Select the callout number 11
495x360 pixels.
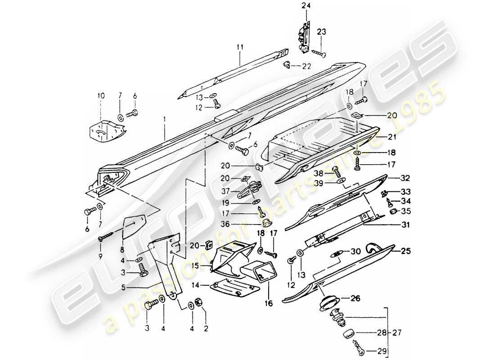click(x=240, y=46)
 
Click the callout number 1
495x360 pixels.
click(x=165, y=119)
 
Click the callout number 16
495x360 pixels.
click(x=269, y=304)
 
